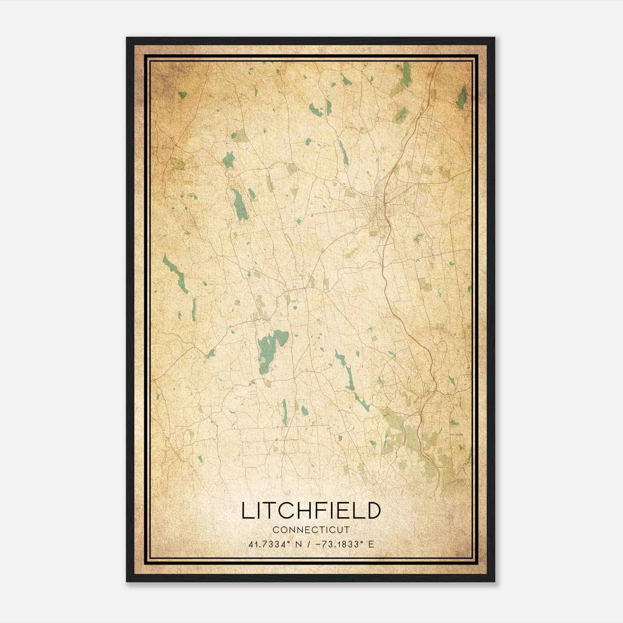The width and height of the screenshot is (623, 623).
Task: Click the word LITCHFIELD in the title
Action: [x=311, y=511]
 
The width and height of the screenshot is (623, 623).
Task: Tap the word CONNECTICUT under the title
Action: [x=311, y=530]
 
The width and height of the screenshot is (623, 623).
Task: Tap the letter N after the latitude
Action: [x=299, y=544]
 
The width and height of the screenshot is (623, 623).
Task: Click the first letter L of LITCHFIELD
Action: [x=247, y=511]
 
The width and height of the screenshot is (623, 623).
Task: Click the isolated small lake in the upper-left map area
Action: [x=182, y=95]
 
